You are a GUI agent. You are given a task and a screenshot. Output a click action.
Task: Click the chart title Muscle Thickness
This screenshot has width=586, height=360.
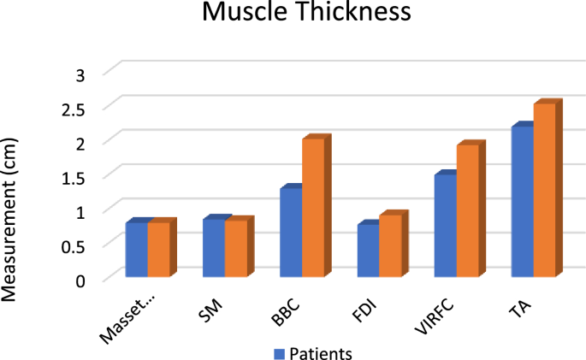tap(292, 15)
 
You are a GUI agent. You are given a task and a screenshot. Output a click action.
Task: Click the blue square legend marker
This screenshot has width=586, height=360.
tap(278, 352)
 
